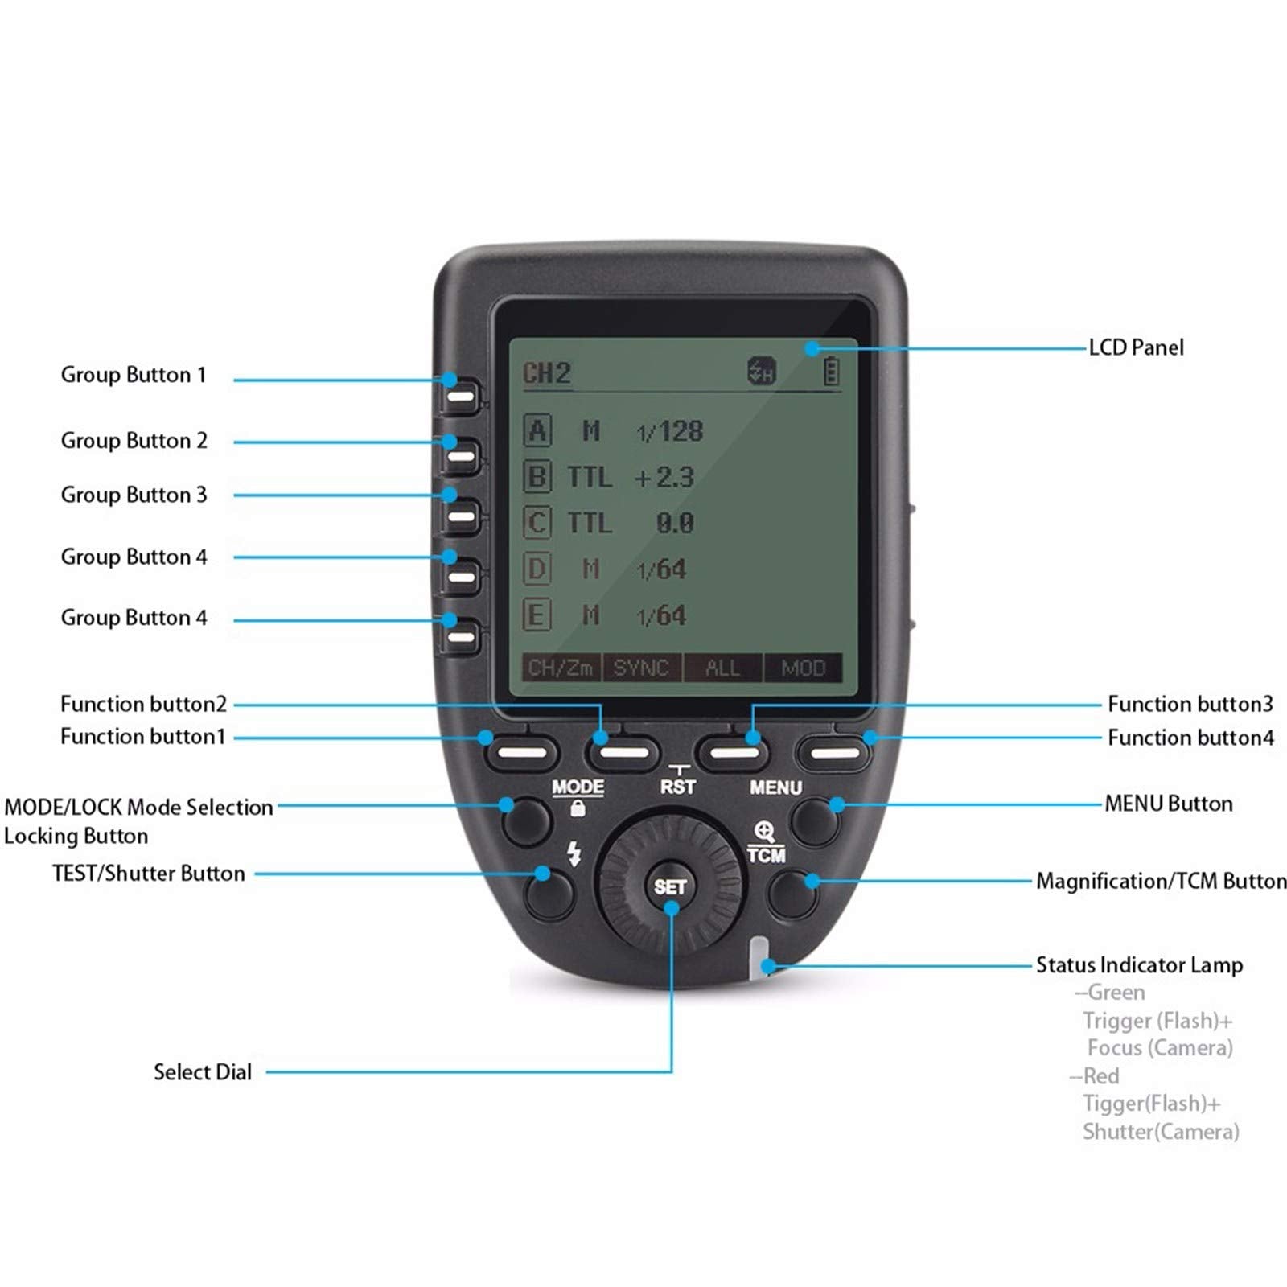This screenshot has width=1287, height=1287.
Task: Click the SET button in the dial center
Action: click(669, 886)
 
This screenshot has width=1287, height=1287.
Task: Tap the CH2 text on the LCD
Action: click(547, 373)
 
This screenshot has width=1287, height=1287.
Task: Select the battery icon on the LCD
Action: click(831, 372)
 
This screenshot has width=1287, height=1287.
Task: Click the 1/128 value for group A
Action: click(670, 432)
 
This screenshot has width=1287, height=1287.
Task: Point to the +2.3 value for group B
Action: click(664, 478)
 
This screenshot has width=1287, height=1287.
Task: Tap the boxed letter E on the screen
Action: click(537, 616)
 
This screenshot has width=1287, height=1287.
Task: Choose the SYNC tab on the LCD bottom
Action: click(641, 668)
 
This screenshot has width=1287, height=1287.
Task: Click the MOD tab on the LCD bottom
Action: click(803, 668)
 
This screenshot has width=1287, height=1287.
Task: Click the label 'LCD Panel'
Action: click(1136, 347)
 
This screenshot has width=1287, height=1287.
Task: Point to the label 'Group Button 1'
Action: click(134, 375)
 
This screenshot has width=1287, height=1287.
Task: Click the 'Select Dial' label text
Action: click(203, 1072)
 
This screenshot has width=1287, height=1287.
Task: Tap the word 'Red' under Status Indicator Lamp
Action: click(1100, 1076)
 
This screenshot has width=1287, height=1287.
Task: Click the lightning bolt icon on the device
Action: click(574, 853)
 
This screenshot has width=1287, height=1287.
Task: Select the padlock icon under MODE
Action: click(578, 809)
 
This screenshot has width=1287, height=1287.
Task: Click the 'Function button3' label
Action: click(1190, 705)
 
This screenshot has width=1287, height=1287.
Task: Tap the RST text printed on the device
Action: click(677, 787)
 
